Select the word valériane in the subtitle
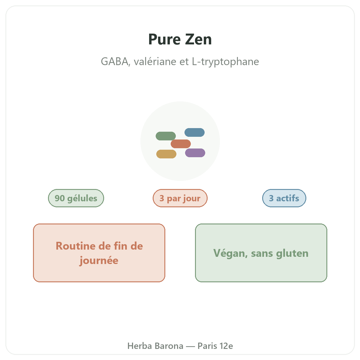(155, 61)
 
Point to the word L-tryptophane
(225, 62)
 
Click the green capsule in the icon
(166, 136)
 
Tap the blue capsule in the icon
(194, 132)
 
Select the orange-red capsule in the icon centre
(181, 144)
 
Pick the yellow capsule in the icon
(166, 154)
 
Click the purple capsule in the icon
(195, 153)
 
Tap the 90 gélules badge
(76, 198)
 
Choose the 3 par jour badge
(180, 198)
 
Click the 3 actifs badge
(284, 198)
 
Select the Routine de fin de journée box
(99, 253)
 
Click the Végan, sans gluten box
(261, 253)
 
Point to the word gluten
(292, 253)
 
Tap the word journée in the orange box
(99, 260)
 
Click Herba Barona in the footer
(155, 346)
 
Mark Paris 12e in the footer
(215, 346)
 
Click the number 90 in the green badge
(60, 198)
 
